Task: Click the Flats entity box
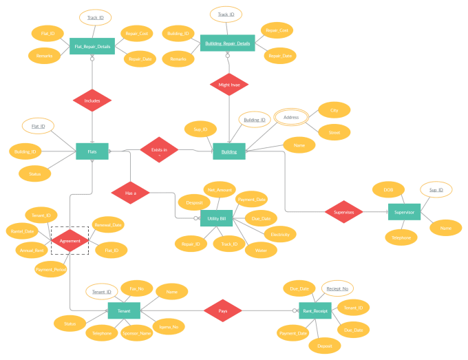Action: [92, 151]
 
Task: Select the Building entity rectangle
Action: [229, 151]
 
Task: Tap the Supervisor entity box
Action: [404, 212]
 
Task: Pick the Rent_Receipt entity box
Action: [315, 311]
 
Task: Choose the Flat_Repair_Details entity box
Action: [92, 47]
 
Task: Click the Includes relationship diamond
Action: [92, 100]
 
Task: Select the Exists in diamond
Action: [159, 149]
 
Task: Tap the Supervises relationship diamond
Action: [343, 212]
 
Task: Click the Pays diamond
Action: [222, 311]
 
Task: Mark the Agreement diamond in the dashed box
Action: [70, 241]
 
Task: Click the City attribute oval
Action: [334, 110]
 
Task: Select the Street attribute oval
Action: [334, 131]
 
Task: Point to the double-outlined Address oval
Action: [291, 118]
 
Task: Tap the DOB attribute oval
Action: [388, 189]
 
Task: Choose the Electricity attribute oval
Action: [280, 234]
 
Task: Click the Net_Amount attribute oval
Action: [220, 189]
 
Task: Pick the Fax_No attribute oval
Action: [137, 288]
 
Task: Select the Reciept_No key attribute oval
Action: [337, 288]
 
